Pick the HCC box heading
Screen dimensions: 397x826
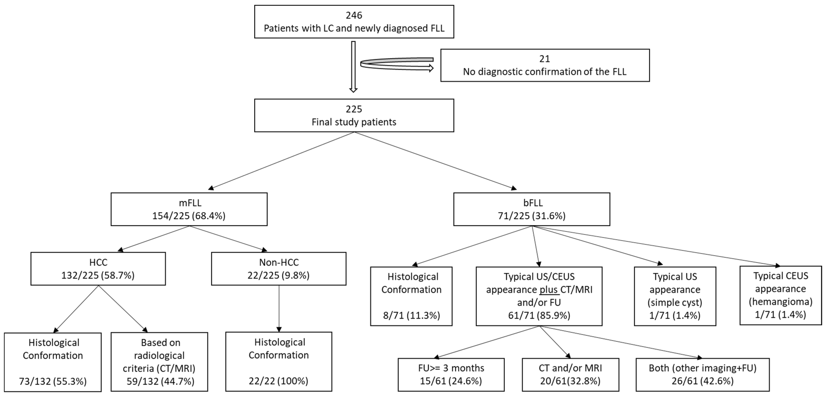(x=98, y=263)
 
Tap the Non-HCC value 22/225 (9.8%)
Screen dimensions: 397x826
(x=278, y=275)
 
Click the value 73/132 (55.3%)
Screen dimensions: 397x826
(x=53, y=381)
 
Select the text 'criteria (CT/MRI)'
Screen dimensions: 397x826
(x=159, y=368)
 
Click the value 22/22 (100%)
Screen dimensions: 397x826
(x=278, y=381)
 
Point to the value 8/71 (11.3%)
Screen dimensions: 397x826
(x=411, y=316)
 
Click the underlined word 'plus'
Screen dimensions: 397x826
(x=549, y=290)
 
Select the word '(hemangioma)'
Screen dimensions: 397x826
(x=780, y=302)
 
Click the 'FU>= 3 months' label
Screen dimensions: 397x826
(x=451, y=368)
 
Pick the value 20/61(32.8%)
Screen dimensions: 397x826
(x=570, y=381)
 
